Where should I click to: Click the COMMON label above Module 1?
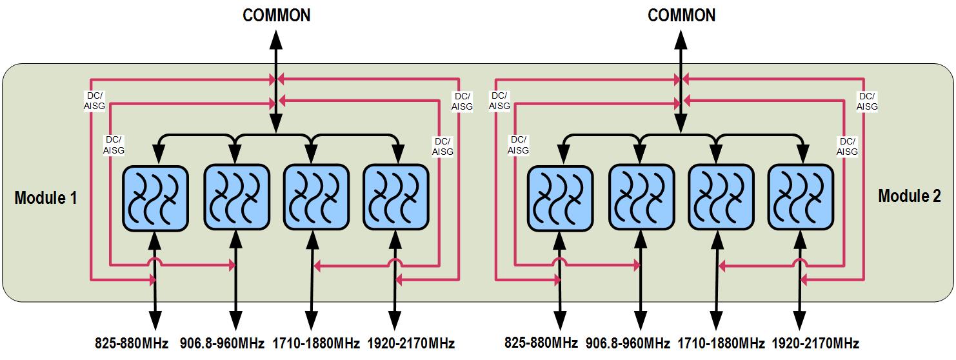[276, 15]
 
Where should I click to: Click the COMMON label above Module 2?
[681, 15]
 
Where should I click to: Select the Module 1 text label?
[46, 198]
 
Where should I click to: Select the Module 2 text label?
[909, 197]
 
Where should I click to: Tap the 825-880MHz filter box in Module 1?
[155, 197]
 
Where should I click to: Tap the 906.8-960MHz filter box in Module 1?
[235, 197]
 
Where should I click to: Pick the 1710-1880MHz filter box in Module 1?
[315, 197]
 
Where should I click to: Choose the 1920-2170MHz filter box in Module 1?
[395, 197]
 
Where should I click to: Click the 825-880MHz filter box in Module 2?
[560, 198]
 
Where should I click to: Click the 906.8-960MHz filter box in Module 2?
[641, 198]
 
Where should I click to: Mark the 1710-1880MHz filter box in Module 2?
[721, 198]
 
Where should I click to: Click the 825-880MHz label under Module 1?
[132, 343]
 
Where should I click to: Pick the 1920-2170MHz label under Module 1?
[411, 343]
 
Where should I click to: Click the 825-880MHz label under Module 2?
[541, 343]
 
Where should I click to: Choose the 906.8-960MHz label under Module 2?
[629, 343]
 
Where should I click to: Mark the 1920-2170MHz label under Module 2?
[815, 343]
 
